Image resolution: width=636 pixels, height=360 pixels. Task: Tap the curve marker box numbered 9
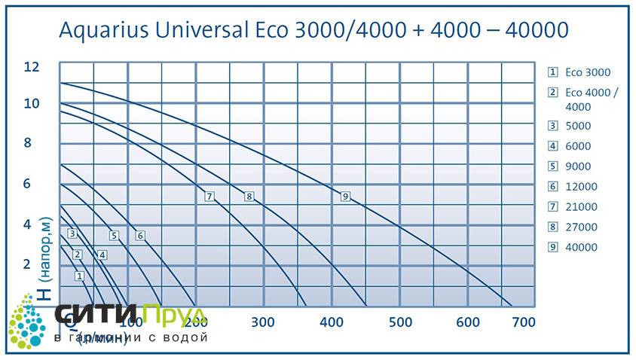pos(345,197)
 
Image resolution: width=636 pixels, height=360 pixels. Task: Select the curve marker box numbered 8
pos(249,197)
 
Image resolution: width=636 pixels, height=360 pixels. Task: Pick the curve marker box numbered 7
pos(209,197)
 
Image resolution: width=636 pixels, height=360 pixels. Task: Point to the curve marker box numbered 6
pos(139,236)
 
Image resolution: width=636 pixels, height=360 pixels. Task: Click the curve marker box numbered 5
pos(114,236)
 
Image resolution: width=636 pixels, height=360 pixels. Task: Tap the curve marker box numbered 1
pos(78,276)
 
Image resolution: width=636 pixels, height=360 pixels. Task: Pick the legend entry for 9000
pos(576,166)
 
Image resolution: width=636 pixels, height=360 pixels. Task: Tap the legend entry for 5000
pos(576,126)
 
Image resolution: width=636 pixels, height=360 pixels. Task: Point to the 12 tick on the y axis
pos(31,67)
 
